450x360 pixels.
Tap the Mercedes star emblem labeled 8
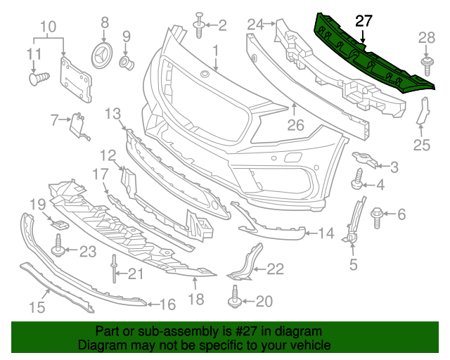103,56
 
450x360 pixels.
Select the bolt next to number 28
427,66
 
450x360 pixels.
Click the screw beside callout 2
198,27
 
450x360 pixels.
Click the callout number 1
216,50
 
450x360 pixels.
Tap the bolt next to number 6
376,213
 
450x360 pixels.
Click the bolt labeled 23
59,247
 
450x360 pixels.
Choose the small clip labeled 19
62,224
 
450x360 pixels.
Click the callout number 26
295,127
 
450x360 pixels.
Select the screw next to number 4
358,180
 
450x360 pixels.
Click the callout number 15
37,306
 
